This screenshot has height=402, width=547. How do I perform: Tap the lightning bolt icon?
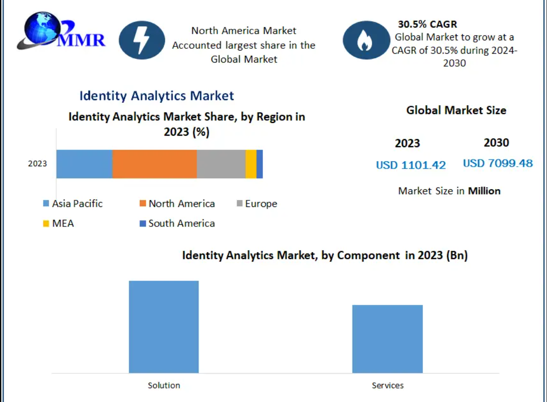[x=142, y=40]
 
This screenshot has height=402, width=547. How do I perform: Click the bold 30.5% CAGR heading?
[x=427, y=24]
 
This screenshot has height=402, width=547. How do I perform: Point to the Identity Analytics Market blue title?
[x=157, y=96]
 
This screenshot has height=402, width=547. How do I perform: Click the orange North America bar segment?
[x=154, y=164]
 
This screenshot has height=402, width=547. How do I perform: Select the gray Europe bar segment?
[x=221, y=164]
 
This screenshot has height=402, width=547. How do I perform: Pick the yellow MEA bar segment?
[x=251, y=164]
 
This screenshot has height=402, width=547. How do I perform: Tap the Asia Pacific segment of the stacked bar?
[x=84, y=164]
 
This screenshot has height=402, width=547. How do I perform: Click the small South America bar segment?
[x=260, y=164]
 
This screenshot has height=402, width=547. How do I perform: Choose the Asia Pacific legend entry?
[x=73, y=204]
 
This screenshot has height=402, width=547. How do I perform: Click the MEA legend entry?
[x=58, y=223]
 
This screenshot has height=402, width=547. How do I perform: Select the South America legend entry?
[x=177, y=223]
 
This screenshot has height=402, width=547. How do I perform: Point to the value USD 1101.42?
[x=411, y=165]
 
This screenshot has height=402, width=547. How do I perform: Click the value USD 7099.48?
[x=497, y=164]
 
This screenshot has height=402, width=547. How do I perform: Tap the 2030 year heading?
[x=496, y=143]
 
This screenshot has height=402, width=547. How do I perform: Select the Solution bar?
[x=164, y=327]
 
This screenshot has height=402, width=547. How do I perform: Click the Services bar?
[x=387, y=339]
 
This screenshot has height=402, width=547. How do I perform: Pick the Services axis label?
[x=388, y=386]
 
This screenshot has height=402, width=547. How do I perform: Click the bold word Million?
[x=484, y=191]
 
